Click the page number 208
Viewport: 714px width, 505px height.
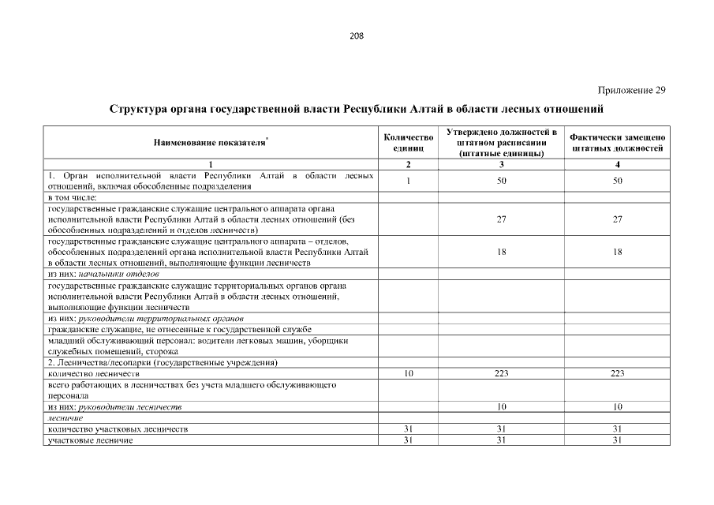click(x=356, y=36)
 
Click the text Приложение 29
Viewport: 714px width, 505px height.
click(x=631, y=90)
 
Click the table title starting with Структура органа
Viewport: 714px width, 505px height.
click(x=356, y=108)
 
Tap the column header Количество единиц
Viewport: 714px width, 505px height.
click(x=408, y=142)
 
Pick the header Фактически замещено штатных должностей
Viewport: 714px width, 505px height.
click(x=618, y=142)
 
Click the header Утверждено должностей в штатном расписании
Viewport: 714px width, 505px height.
click(x=502, y=142)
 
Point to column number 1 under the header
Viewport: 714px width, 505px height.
click(x=211, y=164)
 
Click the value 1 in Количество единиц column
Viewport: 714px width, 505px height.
click(x=408, y=181)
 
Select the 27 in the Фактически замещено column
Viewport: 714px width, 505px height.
click(x=618, y=219)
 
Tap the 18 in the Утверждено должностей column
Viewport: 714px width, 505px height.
click(x=502, y=252)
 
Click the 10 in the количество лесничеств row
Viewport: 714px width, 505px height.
click(x=408, y=373)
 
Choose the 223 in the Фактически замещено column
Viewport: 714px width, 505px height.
click(x=618, y=373)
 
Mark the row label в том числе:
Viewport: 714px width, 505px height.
click(x=72, y=196)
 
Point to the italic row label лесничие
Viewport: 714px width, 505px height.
click(x=65, y=417)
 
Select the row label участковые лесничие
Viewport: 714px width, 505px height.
click(x=90, y=440)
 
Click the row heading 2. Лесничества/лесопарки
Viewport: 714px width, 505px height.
click(x=162, y=362)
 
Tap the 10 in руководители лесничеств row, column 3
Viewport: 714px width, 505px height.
click(x=502, y=406)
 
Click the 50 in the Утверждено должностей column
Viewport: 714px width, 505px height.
click(x=502, y=181)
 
